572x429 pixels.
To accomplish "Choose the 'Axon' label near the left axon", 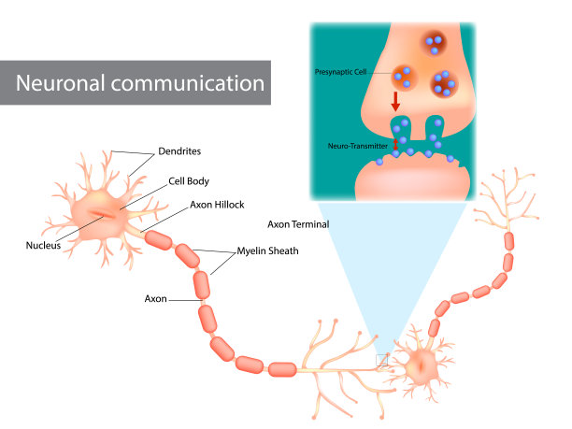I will tap(156, 300).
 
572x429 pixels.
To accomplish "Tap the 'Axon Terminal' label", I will tap(296, 225).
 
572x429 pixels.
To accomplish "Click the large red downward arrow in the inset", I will tap(397, 98).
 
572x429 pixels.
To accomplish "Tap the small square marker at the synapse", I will tap(380, 359).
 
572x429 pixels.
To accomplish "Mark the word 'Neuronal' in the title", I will tap(70, 82).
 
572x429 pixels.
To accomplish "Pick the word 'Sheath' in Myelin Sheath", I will tap(277, 250).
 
